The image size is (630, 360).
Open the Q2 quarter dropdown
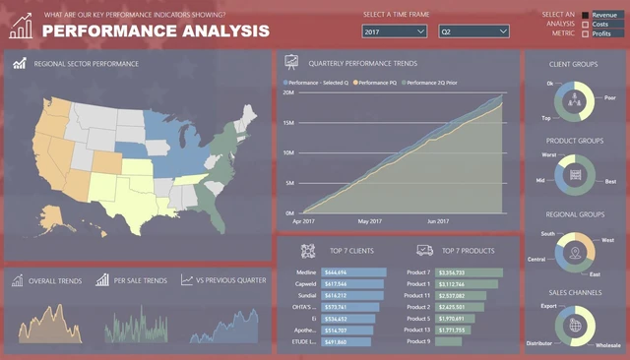click(473, 31)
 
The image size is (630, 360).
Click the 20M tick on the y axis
click(288, 92)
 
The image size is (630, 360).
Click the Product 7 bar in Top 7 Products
click(469, 271)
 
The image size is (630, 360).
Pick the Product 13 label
click(417, 330)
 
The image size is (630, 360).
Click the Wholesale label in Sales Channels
click(608, 345)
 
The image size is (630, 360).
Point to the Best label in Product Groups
click(610, 182)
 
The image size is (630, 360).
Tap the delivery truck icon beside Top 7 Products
click(425, 250)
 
